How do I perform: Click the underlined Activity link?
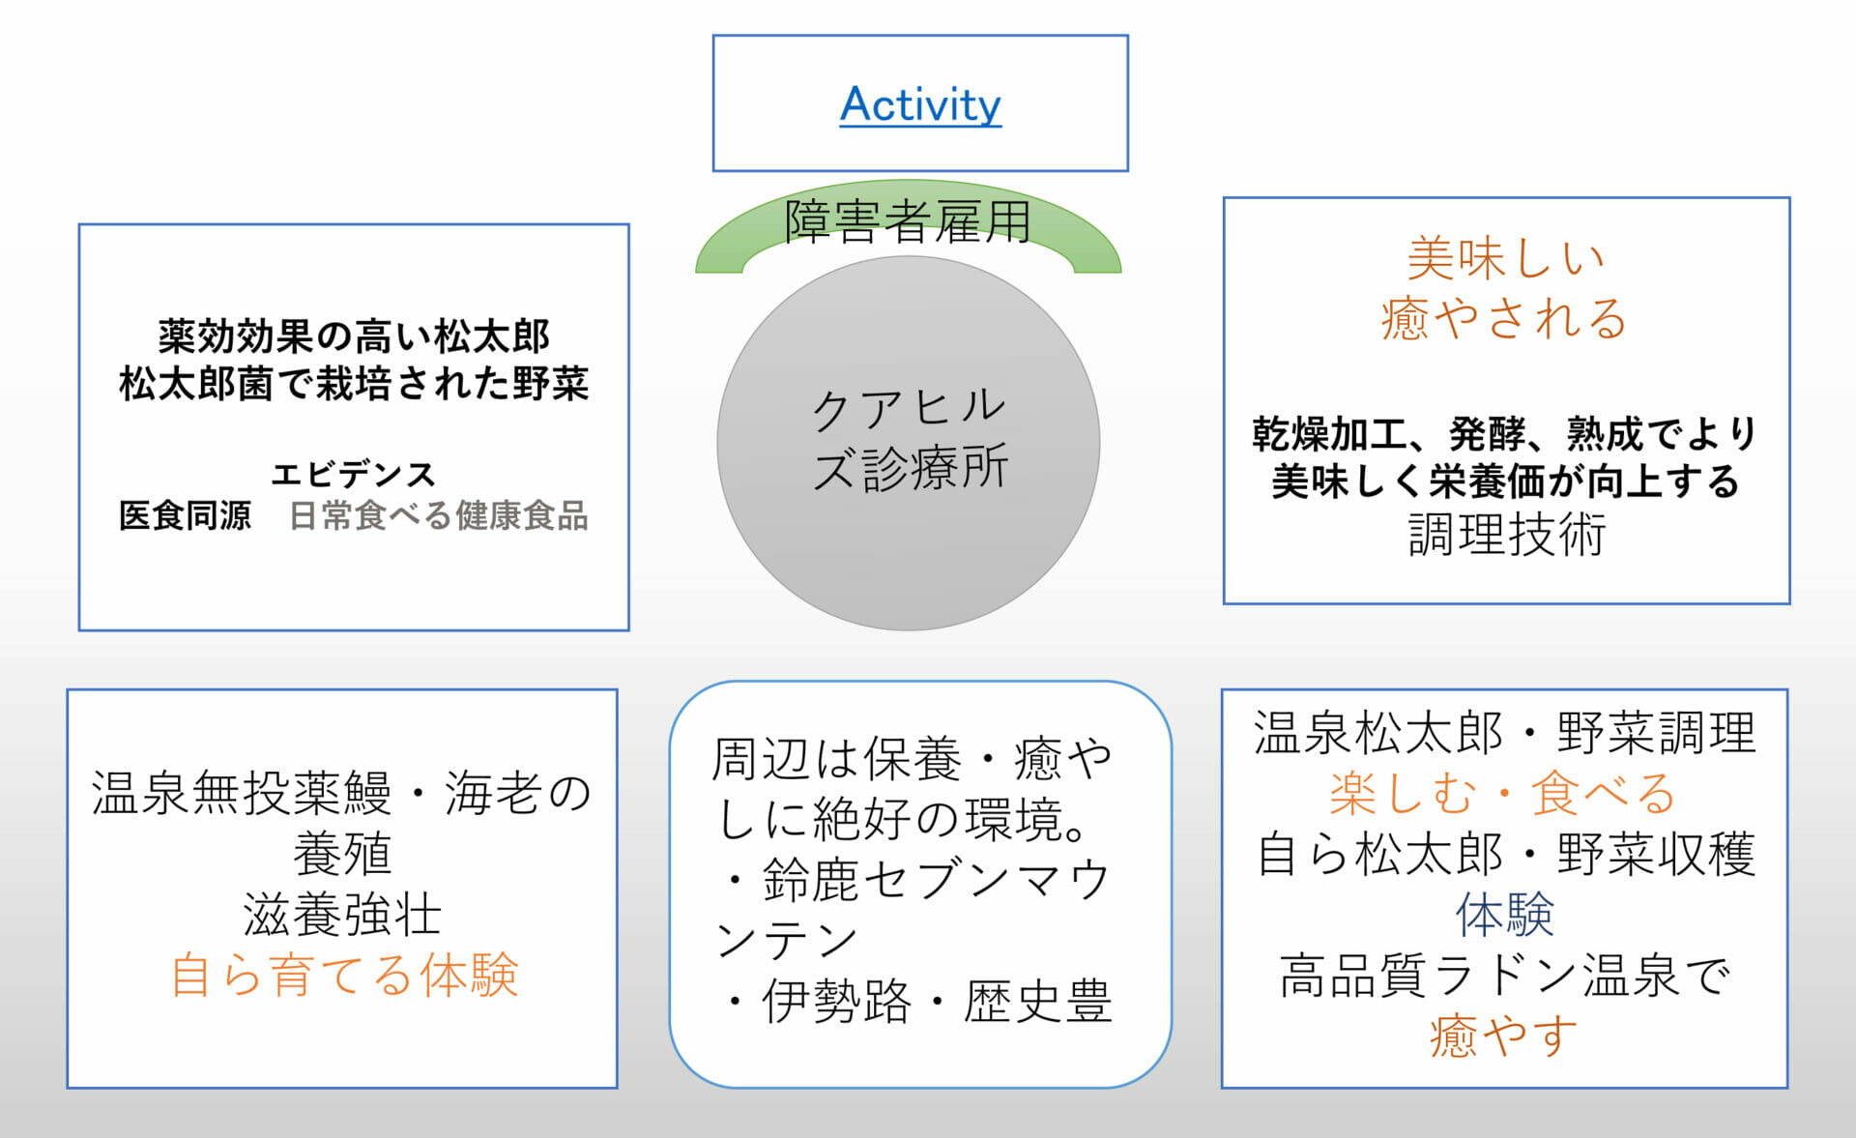click(x=920, y=104)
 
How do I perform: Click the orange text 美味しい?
click(x=1505, y=258)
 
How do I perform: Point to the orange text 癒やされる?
click(x=1505, y=318)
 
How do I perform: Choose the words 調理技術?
click(x=1506, y=535)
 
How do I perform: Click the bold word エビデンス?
click(x=354, y=474)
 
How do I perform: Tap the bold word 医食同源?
click(x=185, y=515)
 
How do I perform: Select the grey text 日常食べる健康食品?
click(x=439, y=515)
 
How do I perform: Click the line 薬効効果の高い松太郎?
click(x=354, y=336)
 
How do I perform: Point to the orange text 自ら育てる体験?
click(x=344, y=975)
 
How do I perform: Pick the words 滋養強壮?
click(x=342, y=915)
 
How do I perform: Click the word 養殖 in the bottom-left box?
click(x=342, y=854)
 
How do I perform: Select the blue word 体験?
click(x=1505, y=915)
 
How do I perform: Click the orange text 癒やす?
click(x=1504, y=1036)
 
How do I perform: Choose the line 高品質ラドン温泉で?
click(x=1504, y=975)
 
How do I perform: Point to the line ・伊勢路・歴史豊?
click(x=913, y=1001)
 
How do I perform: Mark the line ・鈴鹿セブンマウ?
click(x=913, y=880)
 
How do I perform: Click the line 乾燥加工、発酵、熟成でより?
click(x=1505, y=434)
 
